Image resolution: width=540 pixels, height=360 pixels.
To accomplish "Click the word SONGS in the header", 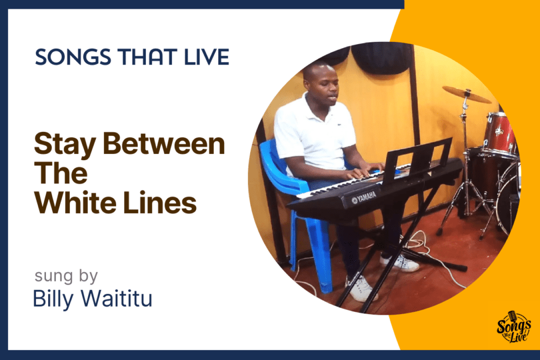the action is point(73,57).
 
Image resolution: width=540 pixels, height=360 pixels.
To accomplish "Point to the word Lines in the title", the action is point(160,203).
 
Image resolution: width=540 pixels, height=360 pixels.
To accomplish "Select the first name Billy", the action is point(54,299).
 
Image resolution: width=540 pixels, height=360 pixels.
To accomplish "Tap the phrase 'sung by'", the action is point(66,276).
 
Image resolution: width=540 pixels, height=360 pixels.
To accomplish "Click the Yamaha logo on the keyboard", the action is point(365,198).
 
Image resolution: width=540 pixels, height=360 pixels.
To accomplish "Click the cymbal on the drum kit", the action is point(467,94).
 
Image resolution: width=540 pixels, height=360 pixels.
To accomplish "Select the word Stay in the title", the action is point(65,145).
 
